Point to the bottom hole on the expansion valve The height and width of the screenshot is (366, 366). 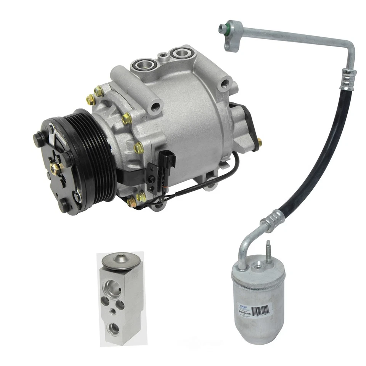tap(114, 327)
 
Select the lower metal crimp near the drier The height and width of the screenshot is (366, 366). tap(272, 221)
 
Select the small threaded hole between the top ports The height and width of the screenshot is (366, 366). tap(163, 56)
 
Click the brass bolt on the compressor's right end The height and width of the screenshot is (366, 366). tap(259, 143)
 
